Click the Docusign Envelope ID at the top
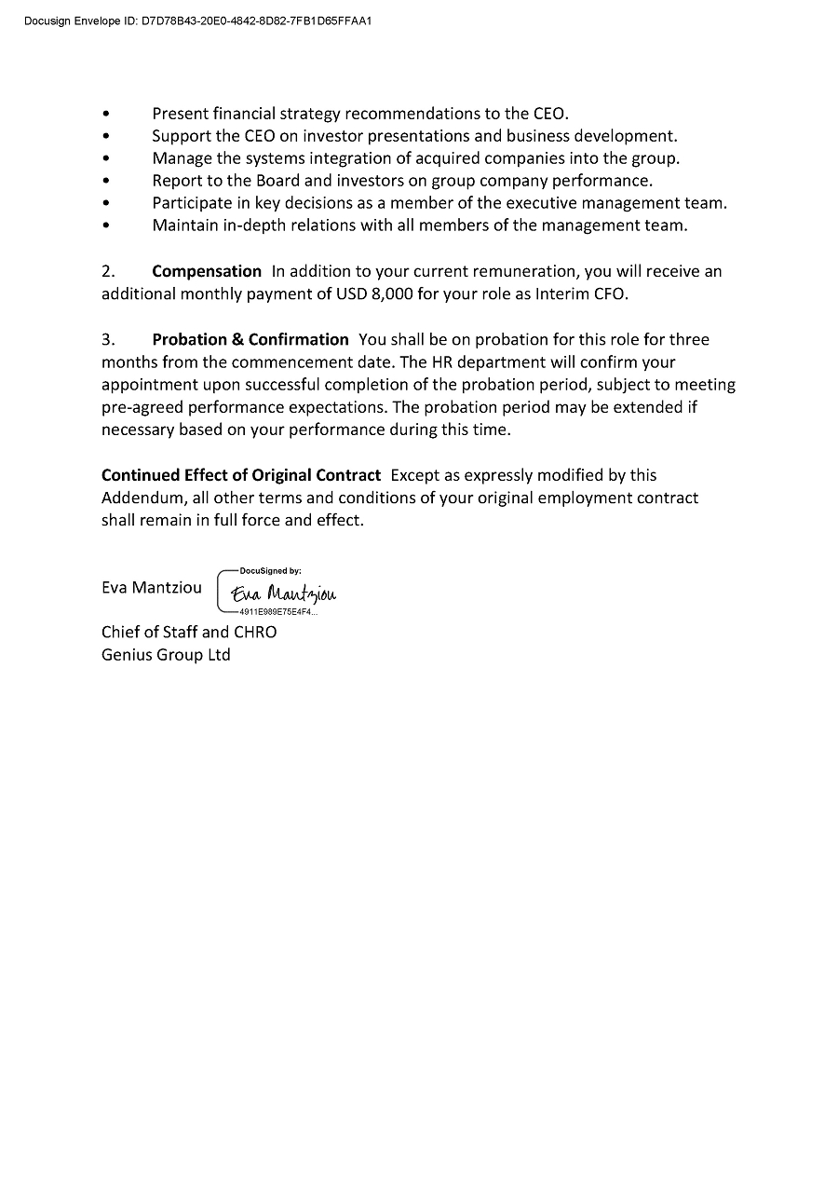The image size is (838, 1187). pyautogui.click(x=198, y=19)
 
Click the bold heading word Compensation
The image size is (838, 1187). pyautogui.click(x=207, y=271)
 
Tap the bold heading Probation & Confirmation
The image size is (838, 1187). pyautogui.click(x=250, y=339)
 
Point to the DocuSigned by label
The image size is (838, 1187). pyautogui.click(x=270, y=570)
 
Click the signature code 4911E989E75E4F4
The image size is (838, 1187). pyautogui.click(x=277, y=613)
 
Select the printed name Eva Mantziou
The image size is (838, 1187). pyautogui.click(x=151, y=588)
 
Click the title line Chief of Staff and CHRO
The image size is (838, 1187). pyautogui.click(x=189, y=632)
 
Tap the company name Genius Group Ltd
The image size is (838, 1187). pyautogui.click(x=166, y=654)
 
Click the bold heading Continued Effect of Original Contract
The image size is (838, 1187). pyautogui.click(x=241, y=475)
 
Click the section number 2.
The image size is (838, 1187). pyautogui.click(x=108, y=271)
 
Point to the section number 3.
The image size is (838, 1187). pyautogui.click(x=108, y=339)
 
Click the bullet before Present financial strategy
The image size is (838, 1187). pyautogui.click(x=106, y=114)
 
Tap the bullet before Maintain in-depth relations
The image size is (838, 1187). pyautogui.click(x=106, y=225)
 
